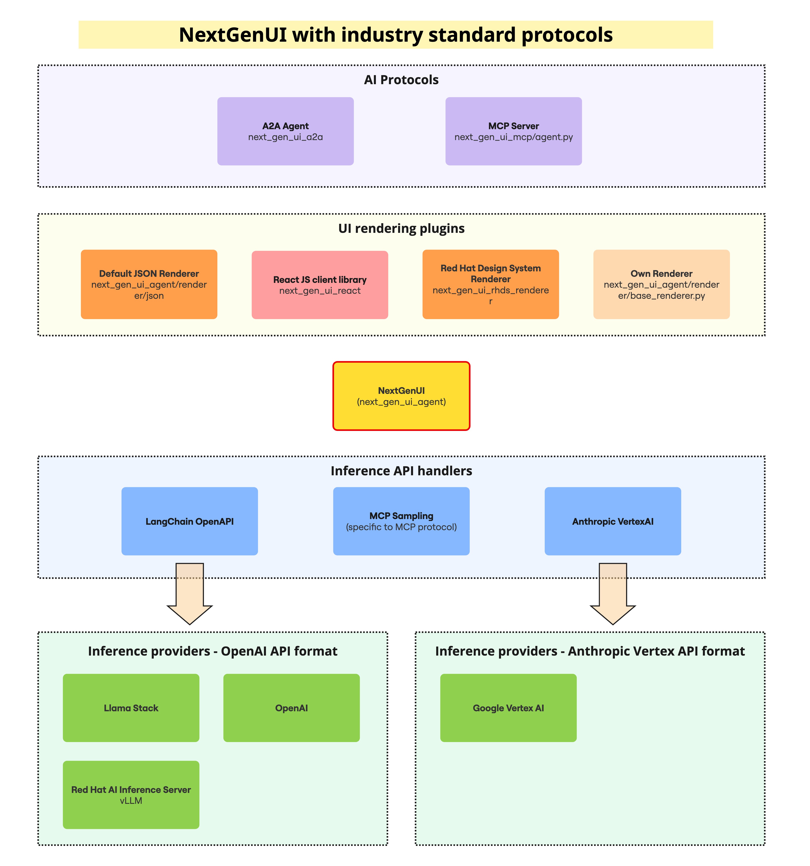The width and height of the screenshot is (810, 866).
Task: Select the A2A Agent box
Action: tap(285, 131)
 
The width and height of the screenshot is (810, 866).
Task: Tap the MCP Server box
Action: tap(513, 131)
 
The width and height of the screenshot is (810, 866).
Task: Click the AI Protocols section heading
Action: tap(401, 80)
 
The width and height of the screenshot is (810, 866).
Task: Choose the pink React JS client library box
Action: tap(320, 285)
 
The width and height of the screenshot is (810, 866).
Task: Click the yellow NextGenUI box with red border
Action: tap(401, 396)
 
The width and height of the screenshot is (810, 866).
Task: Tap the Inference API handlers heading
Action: tap(401, 471)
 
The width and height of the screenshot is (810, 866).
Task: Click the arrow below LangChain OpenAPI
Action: tap(190, 595)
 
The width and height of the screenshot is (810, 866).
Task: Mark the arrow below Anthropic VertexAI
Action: tap(613, 595)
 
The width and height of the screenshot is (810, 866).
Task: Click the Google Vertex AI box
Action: tap(508, 708)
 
